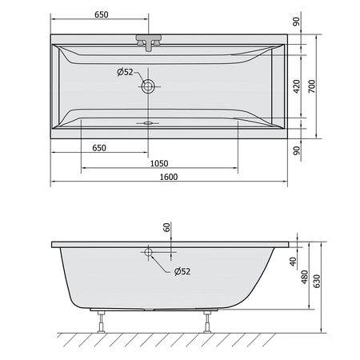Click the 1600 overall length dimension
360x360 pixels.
(x=169, y=177)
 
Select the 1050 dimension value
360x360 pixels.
(x=159, y=163)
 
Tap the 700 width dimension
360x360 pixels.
(x=311, y=86)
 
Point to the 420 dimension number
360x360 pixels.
(x=297, y=86)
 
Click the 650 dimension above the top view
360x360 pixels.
(x=102, y=14)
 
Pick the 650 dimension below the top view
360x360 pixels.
(x=99, y=148)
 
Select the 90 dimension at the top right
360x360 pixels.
(x=296, y=22)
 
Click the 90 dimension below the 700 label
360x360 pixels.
(x=296, y=150)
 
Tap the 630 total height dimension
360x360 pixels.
(x=317, y=281)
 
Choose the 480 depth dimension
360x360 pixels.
(x=304, y=277)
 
